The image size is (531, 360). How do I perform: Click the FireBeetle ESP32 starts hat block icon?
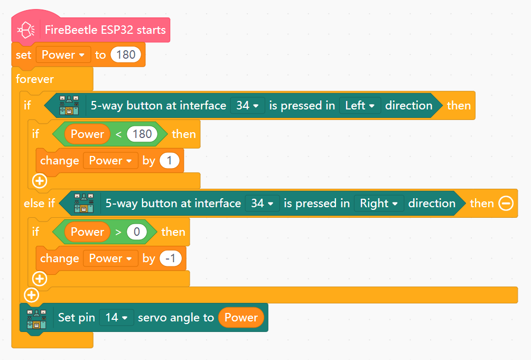tap(26, 30)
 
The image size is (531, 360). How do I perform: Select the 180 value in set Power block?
tap(126, 55)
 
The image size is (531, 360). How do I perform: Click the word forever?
tap(35, 79)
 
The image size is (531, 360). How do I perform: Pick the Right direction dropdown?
tap(379, 204)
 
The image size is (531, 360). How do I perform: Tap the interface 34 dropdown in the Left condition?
tap(247, 106)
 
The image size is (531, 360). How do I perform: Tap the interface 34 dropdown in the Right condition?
tap(262, 204)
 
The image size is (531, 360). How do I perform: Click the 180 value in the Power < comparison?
tap(142, 134)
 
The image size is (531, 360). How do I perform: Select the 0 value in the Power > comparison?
tap(136, 232)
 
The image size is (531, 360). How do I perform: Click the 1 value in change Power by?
tap(169, 161)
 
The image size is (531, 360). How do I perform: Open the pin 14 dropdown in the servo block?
tap(116, 318)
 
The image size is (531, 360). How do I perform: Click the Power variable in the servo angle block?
tap(241, 318)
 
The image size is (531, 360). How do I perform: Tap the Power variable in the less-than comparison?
tap(87, 134)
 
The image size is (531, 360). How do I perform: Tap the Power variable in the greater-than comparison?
tap(87, 232)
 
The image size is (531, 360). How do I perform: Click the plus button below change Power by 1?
tap(40, 181)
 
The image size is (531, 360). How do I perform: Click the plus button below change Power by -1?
tap(40, 279)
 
